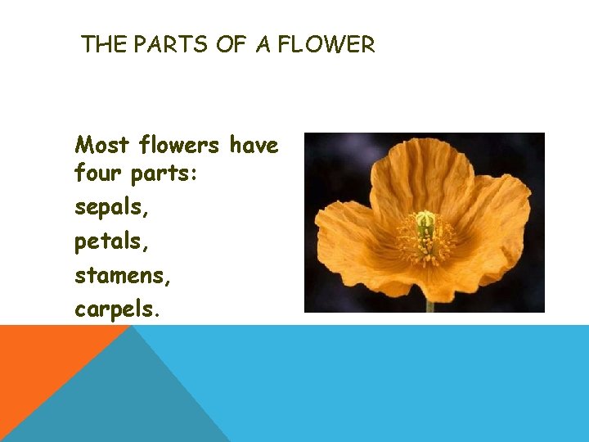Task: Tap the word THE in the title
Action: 103,45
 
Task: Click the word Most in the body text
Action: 101,146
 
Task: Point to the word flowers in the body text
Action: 178,146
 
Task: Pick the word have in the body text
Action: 254,146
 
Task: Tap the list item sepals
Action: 112,208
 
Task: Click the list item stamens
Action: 123,277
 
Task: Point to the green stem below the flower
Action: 429,307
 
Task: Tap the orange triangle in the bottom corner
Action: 41,360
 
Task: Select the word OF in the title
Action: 232,45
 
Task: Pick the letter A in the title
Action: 263,45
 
